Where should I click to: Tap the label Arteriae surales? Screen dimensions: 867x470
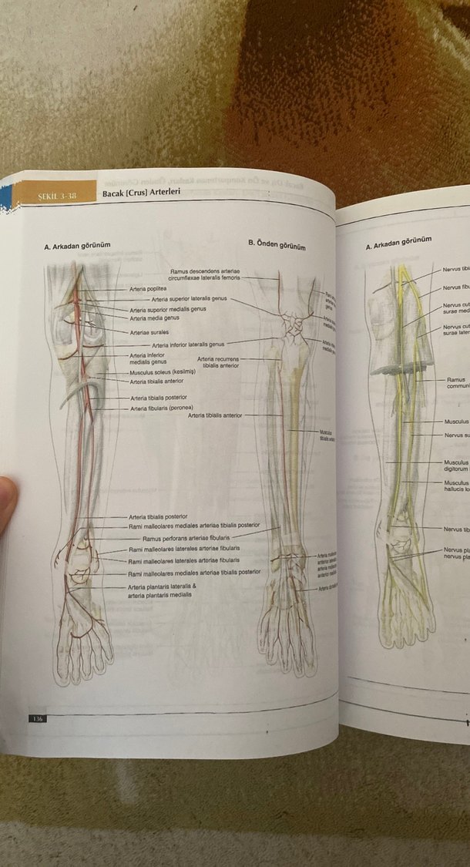[x=145, y=332]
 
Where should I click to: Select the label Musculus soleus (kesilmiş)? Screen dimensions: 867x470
[x=163, y=371]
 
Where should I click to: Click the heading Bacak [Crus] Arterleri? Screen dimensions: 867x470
[x=141, y=192]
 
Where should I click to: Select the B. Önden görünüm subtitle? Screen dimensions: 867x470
[x=277, y=245]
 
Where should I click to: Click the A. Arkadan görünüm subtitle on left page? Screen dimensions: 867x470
[x=77, y=246]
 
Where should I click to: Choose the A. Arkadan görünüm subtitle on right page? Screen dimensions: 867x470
[x=398, y=245]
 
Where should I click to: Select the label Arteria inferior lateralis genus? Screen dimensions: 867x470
[x=188, y=344]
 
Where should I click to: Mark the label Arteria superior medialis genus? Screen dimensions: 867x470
[x=167, y=310]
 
